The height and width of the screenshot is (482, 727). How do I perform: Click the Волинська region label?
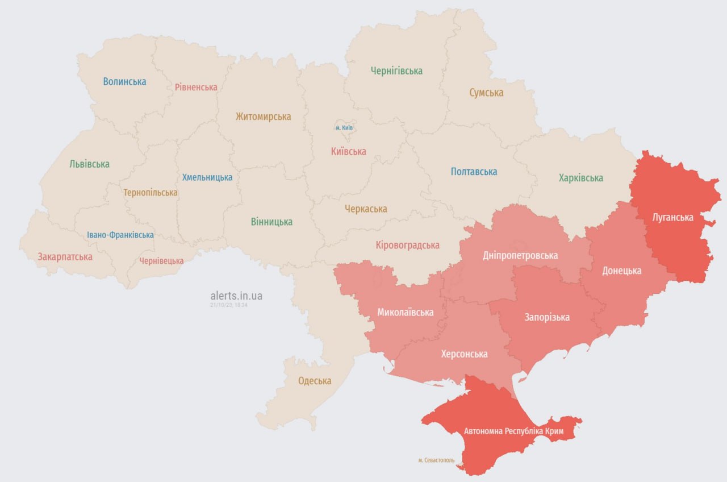point(124,81)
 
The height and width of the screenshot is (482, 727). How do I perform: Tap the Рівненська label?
point(196,87)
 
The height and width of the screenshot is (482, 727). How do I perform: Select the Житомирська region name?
point(263,117)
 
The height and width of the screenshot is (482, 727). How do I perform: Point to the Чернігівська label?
point(396,71)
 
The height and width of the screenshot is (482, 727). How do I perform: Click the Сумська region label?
point(486,93)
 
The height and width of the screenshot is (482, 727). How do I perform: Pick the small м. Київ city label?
point(344,127)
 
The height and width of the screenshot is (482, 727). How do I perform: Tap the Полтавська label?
point(474,171)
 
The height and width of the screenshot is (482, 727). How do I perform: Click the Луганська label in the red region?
point(672,217)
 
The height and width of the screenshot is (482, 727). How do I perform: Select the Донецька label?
point(621,271)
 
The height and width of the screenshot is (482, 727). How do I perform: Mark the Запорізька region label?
point(547,317)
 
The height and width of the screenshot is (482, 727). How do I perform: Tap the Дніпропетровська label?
point(520,255)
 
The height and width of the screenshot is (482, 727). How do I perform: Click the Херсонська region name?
point(464,354)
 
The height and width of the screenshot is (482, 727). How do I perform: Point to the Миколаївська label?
point(405,312)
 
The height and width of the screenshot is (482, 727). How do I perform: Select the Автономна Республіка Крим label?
point(513,431)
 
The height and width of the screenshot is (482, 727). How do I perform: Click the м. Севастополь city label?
point(436,460)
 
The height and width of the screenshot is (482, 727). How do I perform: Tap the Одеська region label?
point(315,381)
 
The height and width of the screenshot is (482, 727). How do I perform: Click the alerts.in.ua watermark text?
point(236,296)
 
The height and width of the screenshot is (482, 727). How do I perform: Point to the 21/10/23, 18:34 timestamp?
point(228,305)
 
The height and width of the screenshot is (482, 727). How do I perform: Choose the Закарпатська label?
point(65,256)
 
